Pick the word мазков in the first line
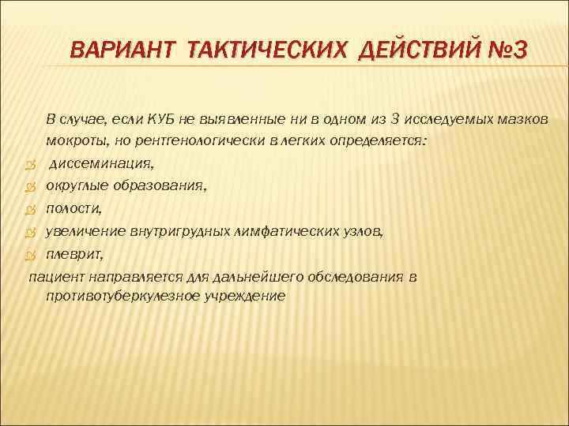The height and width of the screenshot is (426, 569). click(525, 119)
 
